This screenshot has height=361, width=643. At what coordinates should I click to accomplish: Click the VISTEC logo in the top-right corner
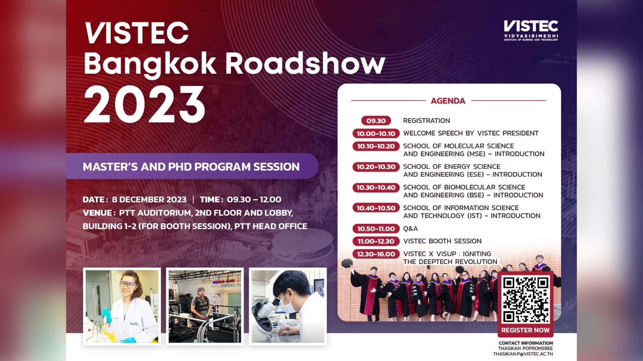[x=531, y=30]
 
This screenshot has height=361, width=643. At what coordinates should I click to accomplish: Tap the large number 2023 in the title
[x=145, y=105]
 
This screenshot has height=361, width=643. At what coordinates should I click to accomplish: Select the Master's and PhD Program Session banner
[x=192, y=167]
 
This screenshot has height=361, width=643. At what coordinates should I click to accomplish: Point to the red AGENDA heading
[x=448, y=101]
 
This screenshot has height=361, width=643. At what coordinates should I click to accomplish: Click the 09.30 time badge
[x=376, y=121]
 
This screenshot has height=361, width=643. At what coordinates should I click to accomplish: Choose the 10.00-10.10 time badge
[x=376, y=133]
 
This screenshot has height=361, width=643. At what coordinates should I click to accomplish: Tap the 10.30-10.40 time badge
[x=376, y=188]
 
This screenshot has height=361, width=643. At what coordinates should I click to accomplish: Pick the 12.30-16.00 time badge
[x=376, y=254]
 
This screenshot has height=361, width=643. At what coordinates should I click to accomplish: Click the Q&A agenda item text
[x=410, y=229]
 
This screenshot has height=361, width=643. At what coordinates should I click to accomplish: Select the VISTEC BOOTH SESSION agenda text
[x=442, y=241]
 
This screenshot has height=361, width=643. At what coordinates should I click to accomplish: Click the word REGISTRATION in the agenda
[x=427, y=121]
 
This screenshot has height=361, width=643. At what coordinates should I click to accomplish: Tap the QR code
[x=526, y=300]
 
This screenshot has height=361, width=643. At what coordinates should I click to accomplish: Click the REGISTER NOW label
[x=526, y=330]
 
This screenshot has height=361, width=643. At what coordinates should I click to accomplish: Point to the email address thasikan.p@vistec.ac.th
[x=523, y=354]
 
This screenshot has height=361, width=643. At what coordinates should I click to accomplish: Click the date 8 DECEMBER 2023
[x=149, y=199]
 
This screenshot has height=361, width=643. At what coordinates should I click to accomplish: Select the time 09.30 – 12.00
[x=254, y=199]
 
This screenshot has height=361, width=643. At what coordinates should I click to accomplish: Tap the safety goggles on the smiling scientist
[x=128, y=284]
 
